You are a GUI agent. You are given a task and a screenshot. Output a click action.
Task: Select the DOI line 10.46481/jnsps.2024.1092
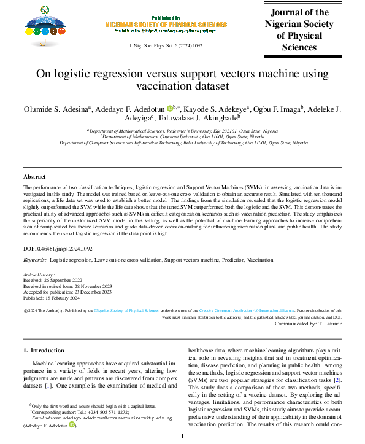58,249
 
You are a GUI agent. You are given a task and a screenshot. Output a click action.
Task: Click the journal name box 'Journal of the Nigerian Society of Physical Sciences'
299,29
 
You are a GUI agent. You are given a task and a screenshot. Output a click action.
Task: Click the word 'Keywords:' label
35,260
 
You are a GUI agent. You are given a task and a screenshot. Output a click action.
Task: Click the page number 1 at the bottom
182,436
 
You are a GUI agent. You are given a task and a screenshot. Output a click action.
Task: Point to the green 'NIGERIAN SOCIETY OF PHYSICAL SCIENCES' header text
166,25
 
